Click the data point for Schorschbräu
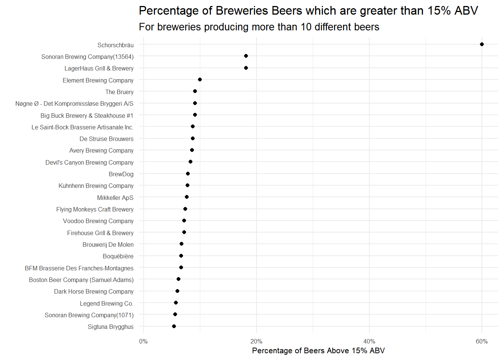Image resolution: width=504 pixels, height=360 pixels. (x=482, y=44)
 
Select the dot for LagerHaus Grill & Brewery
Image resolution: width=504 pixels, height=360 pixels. (x=246, y=68)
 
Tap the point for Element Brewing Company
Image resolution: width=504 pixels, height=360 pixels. (x=200, y=79)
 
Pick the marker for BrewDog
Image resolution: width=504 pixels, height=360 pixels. (x=188, y=174)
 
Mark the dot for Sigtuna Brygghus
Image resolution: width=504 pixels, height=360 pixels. (x=174, y=326)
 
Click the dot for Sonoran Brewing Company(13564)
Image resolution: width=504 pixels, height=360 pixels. (x=246, y=56)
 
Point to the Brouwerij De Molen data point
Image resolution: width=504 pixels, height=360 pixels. (x=181, y=244)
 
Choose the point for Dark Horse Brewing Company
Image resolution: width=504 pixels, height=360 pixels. (x=177, y=291)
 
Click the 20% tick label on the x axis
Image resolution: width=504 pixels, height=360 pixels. (x=256, y=341)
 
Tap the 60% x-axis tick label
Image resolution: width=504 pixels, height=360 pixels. (x=482, y=341)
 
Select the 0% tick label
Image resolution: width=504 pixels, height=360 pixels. (x=143, y=341)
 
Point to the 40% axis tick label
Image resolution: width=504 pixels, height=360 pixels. (x=369, y=341)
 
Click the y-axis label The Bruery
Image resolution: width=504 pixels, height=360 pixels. (x=119, y=92)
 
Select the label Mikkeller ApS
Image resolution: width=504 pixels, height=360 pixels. (x=115, y=198)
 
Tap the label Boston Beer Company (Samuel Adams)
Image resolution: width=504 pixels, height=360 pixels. (x=81, y=280)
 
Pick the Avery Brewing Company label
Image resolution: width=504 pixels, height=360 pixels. (x=101, y=150)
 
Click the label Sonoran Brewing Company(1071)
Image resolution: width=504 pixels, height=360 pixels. (x=89, y=315)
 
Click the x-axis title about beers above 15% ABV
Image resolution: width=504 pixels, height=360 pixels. (x=318, y=351)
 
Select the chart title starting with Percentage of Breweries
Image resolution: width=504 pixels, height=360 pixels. (x=308, y=10)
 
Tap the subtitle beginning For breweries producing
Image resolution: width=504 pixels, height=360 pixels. (x=259, y=27)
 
